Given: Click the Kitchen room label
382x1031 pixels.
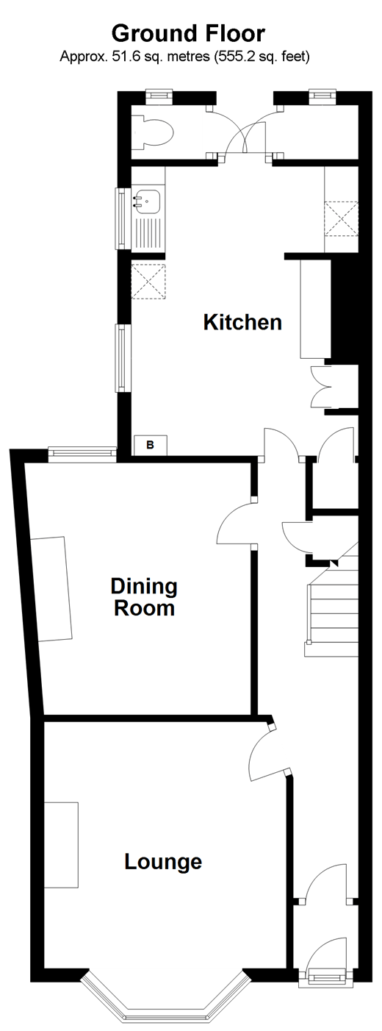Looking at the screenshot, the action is coord(242,322).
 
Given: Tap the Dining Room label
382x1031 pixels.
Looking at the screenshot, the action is coord(144,597).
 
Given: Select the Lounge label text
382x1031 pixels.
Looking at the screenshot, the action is coord(163,861).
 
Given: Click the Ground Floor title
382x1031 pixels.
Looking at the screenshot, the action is coord(188,34).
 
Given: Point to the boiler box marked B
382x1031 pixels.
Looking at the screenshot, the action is coord(150,445).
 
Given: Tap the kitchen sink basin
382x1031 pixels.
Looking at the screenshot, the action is coord(147,201).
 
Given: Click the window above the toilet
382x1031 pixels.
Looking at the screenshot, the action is coord(159,96).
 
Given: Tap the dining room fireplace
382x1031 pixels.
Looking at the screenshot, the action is coord(51,589).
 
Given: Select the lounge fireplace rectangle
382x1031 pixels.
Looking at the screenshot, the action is coord(62,845).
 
